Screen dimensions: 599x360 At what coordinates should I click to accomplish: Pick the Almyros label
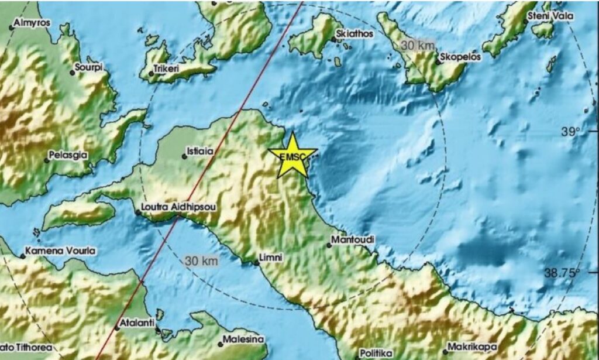point(32,23)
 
